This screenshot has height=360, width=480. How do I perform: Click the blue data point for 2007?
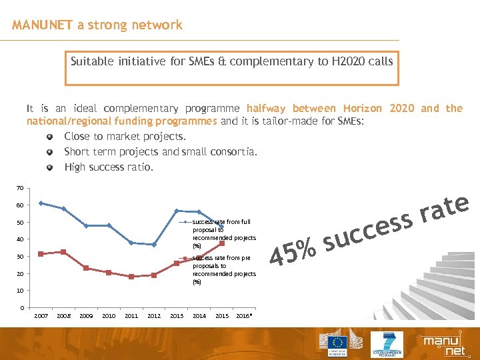pyautogui.click(x=41, y=203)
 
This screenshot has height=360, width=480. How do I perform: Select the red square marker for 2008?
pyautogui.click(x=63, y=252)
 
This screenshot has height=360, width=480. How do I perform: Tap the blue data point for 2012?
pyautogui.click(x=154, y=245)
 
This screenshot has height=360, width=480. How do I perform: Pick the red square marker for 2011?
pyautogui.click(x=131, y=277)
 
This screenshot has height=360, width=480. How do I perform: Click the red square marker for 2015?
pyautogui.click(x=222, y=243)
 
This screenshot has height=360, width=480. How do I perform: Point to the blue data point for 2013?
pyautogui.click(x=177, y=211)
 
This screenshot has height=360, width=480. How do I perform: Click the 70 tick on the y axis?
pyautogui.click(x=21, y=189)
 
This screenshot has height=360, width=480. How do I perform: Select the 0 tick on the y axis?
pyautogui.click(x=22, y=308)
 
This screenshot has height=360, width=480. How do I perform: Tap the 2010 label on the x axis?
pyautogui.click(x=109, y=316)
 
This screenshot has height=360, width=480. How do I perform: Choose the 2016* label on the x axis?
pyautogui.click(x=245, y=316)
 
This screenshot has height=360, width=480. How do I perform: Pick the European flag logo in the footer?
pyautogui.click(x=337, y=343)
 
